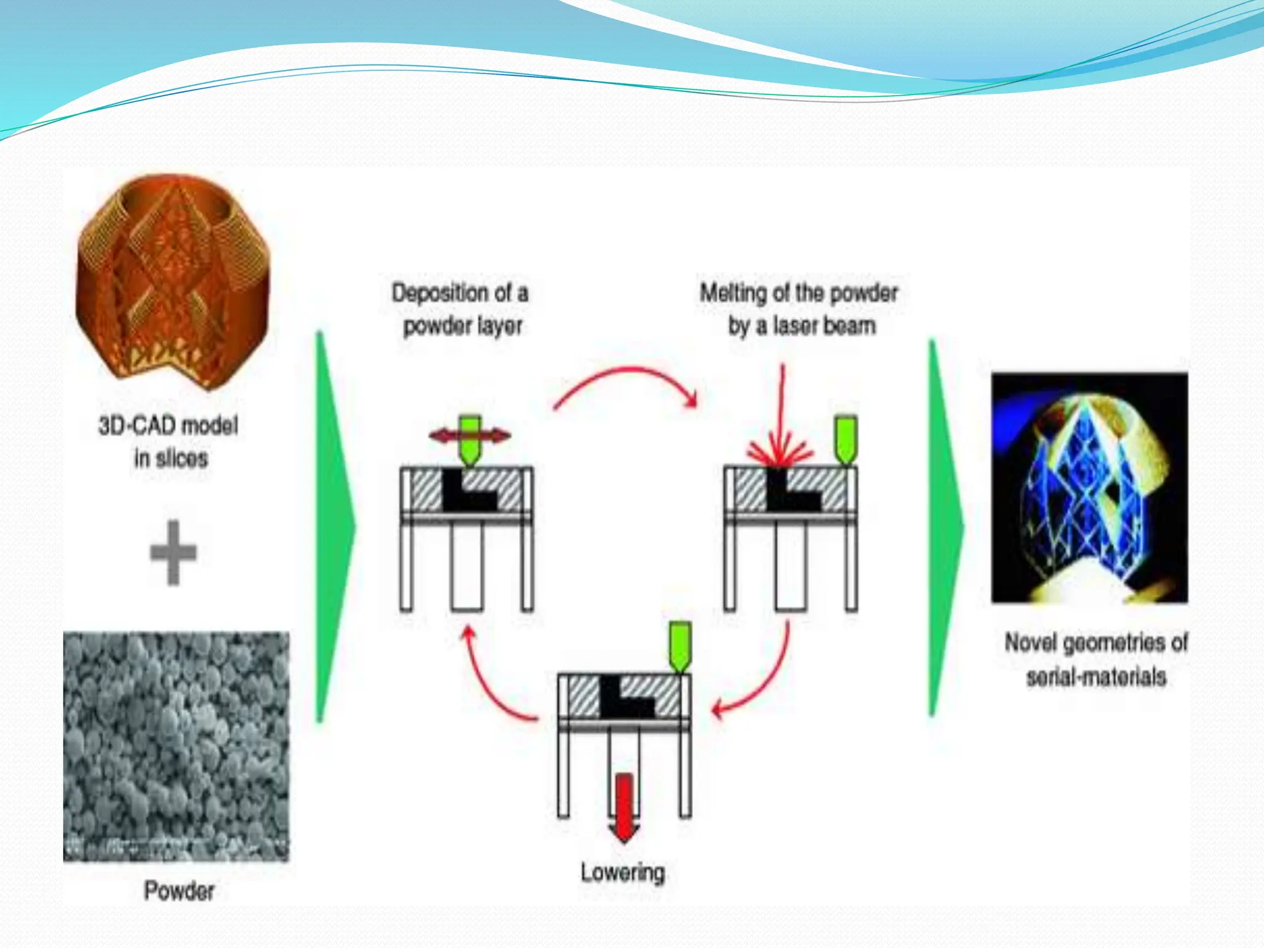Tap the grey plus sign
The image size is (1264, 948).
pos(173,552)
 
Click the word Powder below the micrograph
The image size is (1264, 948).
pos(179,891)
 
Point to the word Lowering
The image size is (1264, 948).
pos(623,872)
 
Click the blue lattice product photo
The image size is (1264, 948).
pos(1089,488)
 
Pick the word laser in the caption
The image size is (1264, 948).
pos(796,325)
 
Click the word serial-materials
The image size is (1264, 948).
pos(1096,677)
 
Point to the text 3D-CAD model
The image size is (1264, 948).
pos(168,425)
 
